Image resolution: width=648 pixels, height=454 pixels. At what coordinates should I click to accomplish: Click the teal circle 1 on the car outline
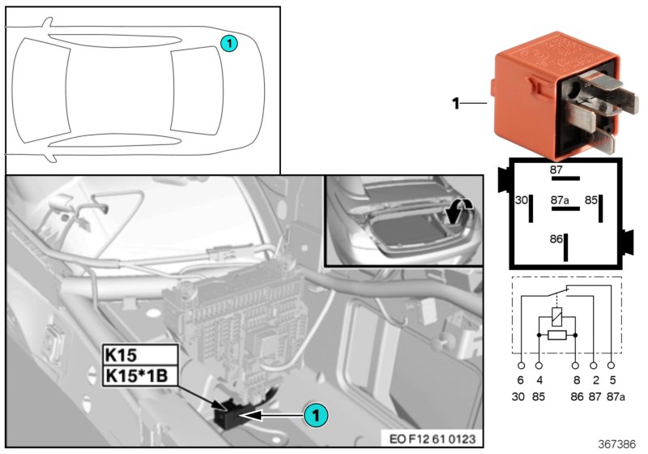(x=230, y=44)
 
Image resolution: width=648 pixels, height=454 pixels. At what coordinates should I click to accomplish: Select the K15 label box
(x=139, y=353)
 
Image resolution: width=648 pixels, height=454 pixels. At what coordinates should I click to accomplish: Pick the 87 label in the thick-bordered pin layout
(x=556, y=169)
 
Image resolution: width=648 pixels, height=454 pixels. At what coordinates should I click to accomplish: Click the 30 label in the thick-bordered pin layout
(x=522, y=199)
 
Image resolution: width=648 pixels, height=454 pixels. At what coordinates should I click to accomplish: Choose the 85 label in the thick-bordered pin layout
(x=591, y=199)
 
